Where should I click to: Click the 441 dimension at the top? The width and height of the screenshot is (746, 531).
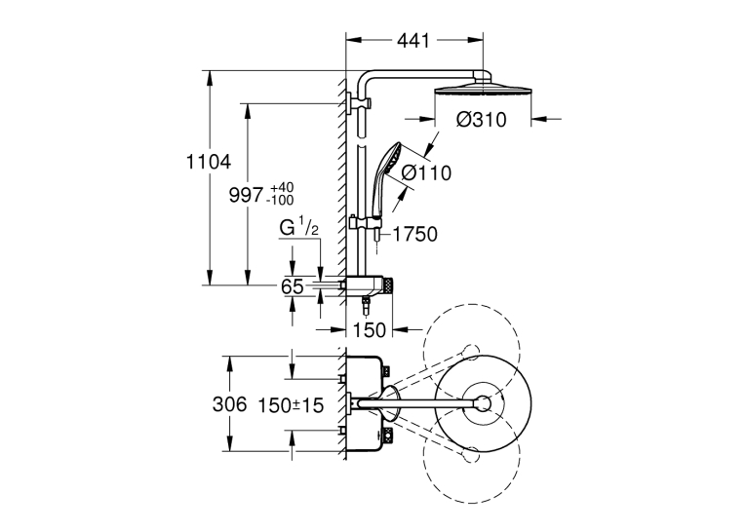tap(413, 41)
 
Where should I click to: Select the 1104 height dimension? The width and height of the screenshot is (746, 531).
tap(208, 162)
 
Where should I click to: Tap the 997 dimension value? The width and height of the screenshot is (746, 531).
tap(246, 195)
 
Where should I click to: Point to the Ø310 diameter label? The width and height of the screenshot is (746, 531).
tap(482, 120)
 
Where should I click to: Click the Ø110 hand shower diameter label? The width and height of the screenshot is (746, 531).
tap(426, 173)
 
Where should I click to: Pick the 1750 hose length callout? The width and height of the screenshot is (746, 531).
tap(414, 235)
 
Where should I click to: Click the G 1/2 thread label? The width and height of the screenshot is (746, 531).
tap(298, 227)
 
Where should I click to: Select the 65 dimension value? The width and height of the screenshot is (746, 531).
tap(293, 286)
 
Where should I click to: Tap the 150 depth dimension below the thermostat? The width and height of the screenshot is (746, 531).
tap(369, 330)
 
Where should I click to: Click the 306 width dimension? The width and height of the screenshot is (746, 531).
tap(230, 404)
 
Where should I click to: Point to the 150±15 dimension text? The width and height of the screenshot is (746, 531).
tap(291, 405)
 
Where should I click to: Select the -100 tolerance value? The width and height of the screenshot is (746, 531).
tap(280, 200)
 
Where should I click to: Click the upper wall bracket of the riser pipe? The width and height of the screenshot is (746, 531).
tap(358, 103)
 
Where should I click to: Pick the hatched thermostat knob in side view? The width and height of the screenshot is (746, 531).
tap(389, 285)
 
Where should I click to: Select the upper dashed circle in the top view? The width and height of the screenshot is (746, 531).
tap(471, 351)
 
